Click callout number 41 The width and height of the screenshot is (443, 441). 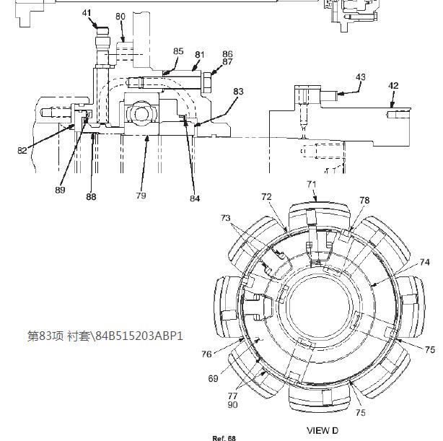tap(87, 13)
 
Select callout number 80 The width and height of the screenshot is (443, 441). tap(120, 17)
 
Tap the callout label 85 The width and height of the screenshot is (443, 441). tap(178, 51)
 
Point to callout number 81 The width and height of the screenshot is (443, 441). tap(199, 55)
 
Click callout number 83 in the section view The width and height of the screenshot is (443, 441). tap(238, 92)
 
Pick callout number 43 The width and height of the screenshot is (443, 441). tap(360, 77)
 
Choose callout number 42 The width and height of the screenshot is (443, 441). tap(393, 86)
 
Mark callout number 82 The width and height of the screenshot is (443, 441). tap(22, 151)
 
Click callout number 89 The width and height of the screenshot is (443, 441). tap(60, 190)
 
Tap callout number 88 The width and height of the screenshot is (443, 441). tap(91, 197)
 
